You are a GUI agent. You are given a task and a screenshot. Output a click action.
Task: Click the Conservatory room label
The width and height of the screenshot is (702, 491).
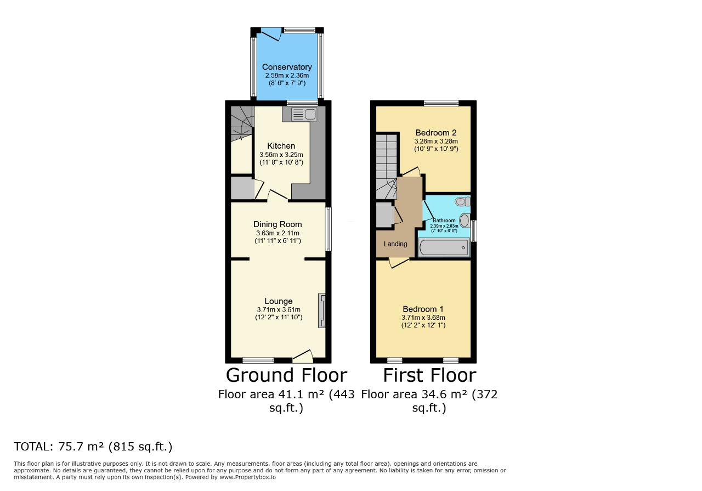[287, 67]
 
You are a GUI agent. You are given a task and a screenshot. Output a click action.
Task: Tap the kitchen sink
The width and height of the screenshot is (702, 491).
[304, 115]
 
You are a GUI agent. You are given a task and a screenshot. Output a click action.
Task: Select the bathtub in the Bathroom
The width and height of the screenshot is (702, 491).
[444, 248]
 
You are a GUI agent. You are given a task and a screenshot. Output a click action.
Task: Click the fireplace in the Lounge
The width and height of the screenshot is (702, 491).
[322, 311]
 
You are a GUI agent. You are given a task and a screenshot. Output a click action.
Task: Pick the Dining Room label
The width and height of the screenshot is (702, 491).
[278, 224]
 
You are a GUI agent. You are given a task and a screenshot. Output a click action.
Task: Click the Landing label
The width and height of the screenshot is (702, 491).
[395, 244]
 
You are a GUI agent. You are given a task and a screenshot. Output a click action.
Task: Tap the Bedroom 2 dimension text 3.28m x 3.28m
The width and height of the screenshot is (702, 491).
[436, 141]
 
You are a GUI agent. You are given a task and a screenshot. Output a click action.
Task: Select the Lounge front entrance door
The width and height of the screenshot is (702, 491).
[303, 356]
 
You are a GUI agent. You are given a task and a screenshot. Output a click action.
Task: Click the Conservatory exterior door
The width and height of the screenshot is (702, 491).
[271, 34]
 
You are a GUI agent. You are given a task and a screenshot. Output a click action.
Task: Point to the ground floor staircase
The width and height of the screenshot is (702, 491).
[242, 123]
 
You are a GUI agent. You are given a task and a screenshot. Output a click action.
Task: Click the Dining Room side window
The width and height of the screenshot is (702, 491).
[328, 229]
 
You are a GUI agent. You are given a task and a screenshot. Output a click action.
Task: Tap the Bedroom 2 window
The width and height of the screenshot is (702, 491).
[441, 103]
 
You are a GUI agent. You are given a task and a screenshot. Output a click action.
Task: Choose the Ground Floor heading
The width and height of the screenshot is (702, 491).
[286, 375]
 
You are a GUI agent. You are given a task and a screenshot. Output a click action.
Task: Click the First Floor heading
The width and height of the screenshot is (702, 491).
[429, 375]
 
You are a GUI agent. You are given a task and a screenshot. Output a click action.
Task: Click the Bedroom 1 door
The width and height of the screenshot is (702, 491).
[399, 262]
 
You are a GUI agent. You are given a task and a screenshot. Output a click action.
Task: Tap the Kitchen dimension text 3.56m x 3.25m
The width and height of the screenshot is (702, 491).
[281, 155]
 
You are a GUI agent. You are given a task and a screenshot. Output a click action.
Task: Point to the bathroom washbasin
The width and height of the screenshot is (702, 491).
[465, 220]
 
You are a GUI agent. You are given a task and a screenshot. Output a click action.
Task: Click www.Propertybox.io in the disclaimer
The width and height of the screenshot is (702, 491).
[247, 477]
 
